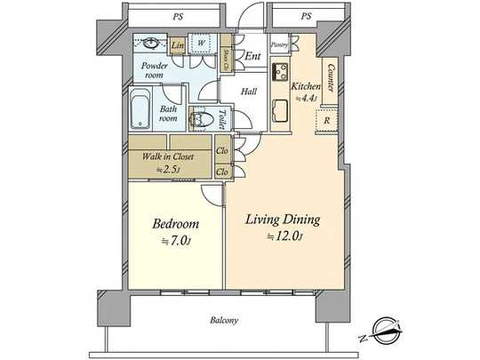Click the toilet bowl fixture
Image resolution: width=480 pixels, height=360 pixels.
[x=200, y=118]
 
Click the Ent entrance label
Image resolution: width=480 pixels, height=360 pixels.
[x=252, y=57]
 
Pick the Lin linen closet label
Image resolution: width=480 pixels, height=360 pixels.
[x=177, y=44]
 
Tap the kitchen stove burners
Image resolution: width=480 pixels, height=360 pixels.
[x=280, y=71]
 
